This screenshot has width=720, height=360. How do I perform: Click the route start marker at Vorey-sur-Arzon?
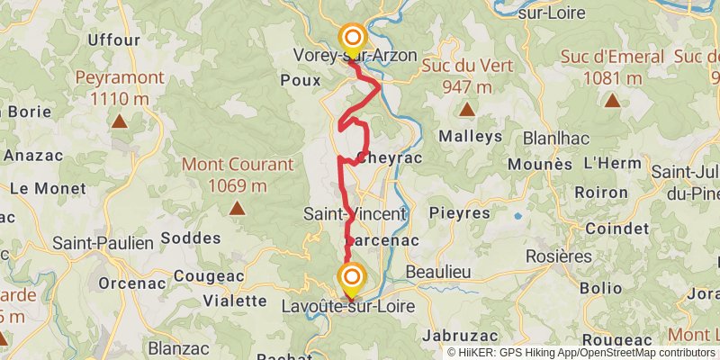352,37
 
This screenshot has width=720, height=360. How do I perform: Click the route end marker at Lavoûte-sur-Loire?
351,277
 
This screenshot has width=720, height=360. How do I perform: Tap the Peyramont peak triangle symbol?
120,119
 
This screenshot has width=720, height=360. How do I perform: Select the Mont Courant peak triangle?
238,208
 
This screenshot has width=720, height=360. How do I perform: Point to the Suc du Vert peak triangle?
467,110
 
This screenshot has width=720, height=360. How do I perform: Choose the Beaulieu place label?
439,271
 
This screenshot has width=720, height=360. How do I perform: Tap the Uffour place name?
114,40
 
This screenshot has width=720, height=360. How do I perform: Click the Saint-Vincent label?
355,215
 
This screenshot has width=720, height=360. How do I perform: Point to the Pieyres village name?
460,213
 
